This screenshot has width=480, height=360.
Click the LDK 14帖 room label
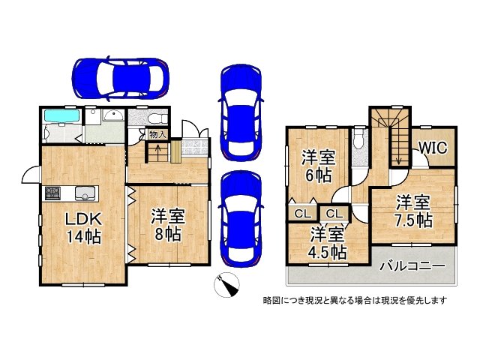click(x=82, y=225)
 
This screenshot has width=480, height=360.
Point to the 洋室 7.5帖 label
click(x=413, y=211)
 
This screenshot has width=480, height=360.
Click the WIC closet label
click(x=432, y=148)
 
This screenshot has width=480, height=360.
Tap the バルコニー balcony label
click(x=412, y=266)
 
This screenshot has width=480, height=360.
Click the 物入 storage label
click(x=157, y=135)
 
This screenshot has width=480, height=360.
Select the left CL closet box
click(x=302, y=214)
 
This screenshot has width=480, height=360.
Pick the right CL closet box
click(x=331, y=214)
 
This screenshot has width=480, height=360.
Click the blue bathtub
click(x=60, y=116)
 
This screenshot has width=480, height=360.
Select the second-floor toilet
click(x=358, y=139)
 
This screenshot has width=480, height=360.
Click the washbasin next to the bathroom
click(x=113, y=116)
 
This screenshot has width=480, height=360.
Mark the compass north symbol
click(x=227, y=286)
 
